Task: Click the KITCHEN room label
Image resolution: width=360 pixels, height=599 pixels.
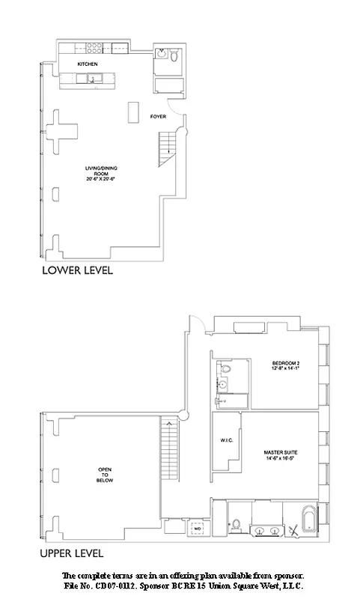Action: click(x=88, y=64)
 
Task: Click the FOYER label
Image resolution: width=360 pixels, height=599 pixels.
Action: click(x=158, y=116)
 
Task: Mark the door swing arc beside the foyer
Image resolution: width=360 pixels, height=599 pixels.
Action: click(x=177, y=109)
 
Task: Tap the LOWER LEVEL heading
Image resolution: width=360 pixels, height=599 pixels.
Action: click(x=78, y=270)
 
